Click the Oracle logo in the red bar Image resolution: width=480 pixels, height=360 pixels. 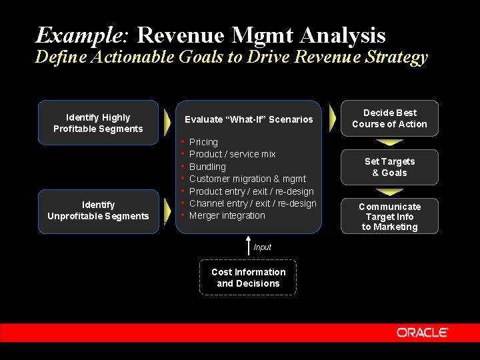click(422, 332)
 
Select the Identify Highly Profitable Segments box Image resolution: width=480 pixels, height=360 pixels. click(98, 123)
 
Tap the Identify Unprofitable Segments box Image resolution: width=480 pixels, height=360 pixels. click(98, 211)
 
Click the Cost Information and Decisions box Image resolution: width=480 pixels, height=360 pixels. click(248, 277)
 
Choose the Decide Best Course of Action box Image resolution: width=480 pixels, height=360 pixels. click(389, 119)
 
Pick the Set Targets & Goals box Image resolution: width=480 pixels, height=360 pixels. click(389, 167)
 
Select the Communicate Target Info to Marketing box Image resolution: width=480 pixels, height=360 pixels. click(389, 217)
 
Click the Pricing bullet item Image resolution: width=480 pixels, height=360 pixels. click(203, 142)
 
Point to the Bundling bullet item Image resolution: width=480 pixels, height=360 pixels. click(207, 167)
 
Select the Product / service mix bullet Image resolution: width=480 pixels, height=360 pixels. click(232, 154)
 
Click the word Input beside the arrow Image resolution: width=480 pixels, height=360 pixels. click(263, 247)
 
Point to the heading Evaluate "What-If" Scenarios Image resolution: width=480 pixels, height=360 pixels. click(248, 119)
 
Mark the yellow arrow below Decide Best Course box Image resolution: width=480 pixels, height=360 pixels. click(389, 142)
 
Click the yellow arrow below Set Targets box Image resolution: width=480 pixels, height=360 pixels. click(389, 191)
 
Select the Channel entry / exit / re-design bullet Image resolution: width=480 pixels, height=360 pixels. click(253, 203)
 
